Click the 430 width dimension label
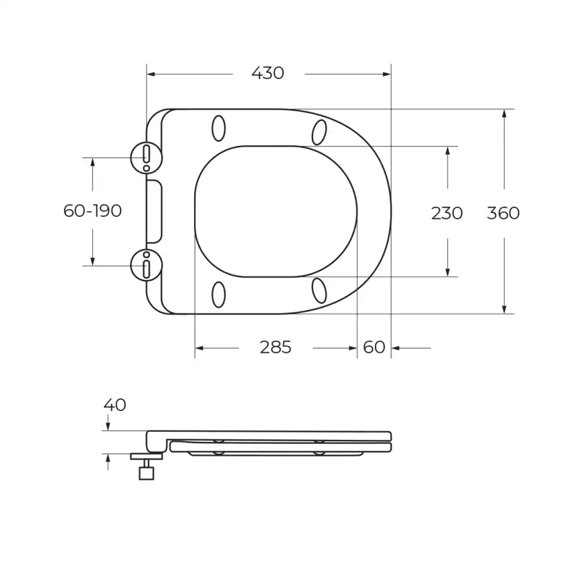(x=268, y=73)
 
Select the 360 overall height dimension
(x=503, y=213)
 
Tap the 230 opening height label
(x=447, y=214)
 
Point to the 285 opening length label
(x=276, y=347)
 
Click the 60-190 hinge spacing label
(x=92, y=211)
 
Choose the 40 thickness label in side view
(x=114, y=405)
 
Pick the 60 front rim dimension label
(x=374, y=347)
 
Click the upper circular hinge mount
(x=146, y=158)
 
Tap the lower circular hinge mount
(x=146, y=266)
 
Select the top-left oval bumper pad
(x=219, y=128)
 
